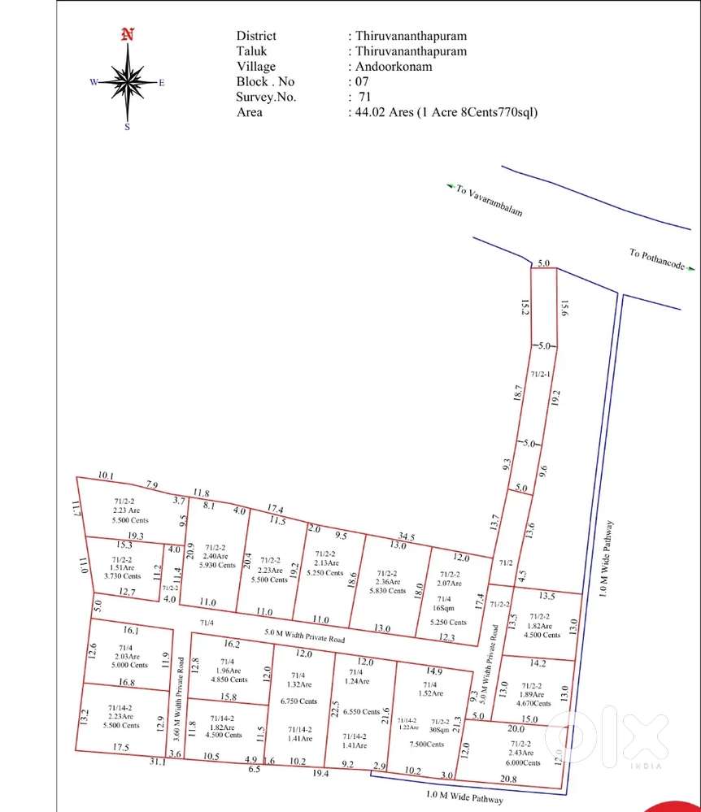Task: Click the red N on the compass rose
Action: pyautogui.click(x=126, y=34)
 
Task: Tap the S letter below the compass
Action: pyautogui.click(x=127, y=127)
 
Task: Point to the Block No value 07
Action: pyautogui.click(x=361, y=82)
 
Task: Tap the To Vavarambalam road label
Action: pyautogui.click(x=487, y=200)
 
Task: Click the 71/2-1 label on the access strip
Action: pyautogui.click(x=541, y=374)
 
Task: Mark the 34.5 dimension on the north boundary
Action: pyautogui.click(x=407, y=537)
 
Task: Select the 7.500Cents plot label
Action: pyautogui.click(x=427, y=745)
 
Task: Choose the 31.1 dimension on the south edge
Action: pyautogui.click(x=158, y=762)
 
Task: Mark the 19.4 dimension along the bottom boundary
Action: pyautogui.click(x=320, y=775)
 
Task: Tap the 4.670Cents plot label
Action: pyautogui.click(x=535, y=704)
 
